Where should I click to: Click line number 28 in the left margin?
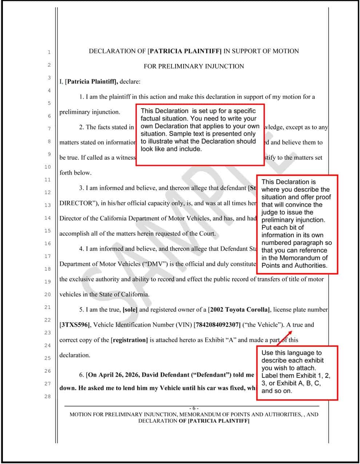click(x=48, y=396)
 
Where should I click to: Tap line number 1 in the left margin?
click(x=49, y=52)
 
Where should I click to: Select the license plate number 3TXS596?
click(x=74, y=325)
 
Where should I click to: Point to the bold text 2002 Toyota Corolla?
click(x=239, y=309)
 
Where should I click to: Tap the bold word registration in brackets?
click(x=129, y=340)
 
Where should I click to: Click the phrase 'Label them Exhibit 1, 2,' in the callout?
click(x=296, y=376)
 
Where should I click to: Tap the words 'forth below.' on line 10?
click(x=76, y=173)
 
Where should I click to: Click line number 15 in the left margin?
click(x=48, y=231)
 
